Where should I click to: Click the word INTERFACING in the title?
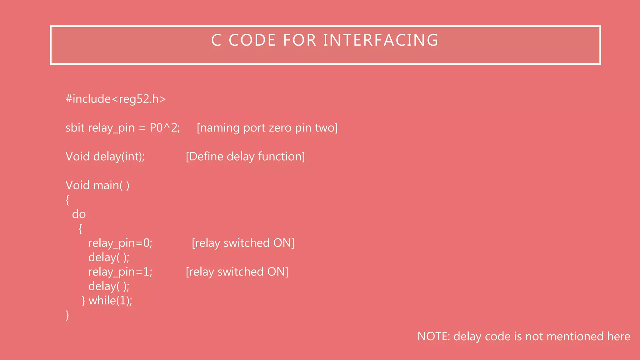(381, 40)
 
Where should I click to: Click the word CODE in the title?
(252, 40)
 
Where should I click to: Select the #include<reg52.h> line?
(116, 99)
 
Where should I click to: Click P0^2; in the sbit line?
(165, 128)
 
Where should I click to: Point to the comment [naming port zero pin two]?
(267, 128)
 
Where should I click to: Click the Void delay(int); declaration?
(105, 157)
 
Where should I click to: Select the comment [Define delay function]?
(245, 157)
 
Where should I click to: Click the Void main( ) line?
(97, 185)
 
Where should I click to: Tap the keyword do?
(79, 214)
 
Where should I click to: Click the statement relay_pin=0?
(120, 243)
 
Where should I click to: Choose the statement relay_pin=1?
(120, 272)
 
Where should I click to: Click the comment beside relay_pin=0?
(243, 243)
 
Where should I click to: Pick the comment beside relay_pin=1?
(237, 272)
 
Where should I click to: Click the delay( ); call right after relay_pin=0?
(109, 257)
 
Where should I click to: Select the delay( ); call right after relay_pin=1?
(109, 286)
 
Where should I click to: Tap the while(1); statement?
(110, 301)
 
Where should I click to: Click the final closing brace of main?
(67, 315)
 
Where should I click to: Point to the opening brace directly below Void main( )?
(67, 200)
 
